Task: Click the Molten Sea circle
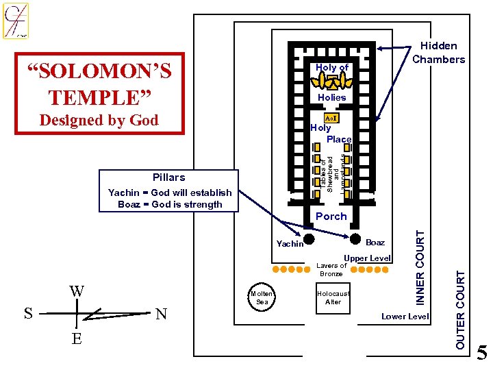pos(262,297)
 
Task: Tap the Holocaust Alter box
pos(333,297)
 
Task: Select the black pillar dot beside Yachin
pos(309,240)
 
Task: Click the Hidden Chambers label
pos(438,53)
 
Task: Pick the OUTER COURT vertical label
pos(461,308)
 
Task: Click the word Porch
pos(331,216)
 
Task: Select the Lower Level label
pos(405,316)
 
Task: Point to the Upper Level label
pos(367,258)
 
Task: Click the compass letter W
pos(77,291)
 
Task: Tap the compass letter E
pos(77,338)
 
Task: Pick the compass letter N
pos(161,314)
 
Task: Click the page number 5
pos(482,354)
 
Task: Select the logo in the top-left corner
pos(16,21)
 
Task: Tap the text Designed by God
pos(99,120)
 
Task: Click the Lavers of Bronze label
pos(331,270)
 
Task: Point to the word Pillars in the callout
pos(169,177)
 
